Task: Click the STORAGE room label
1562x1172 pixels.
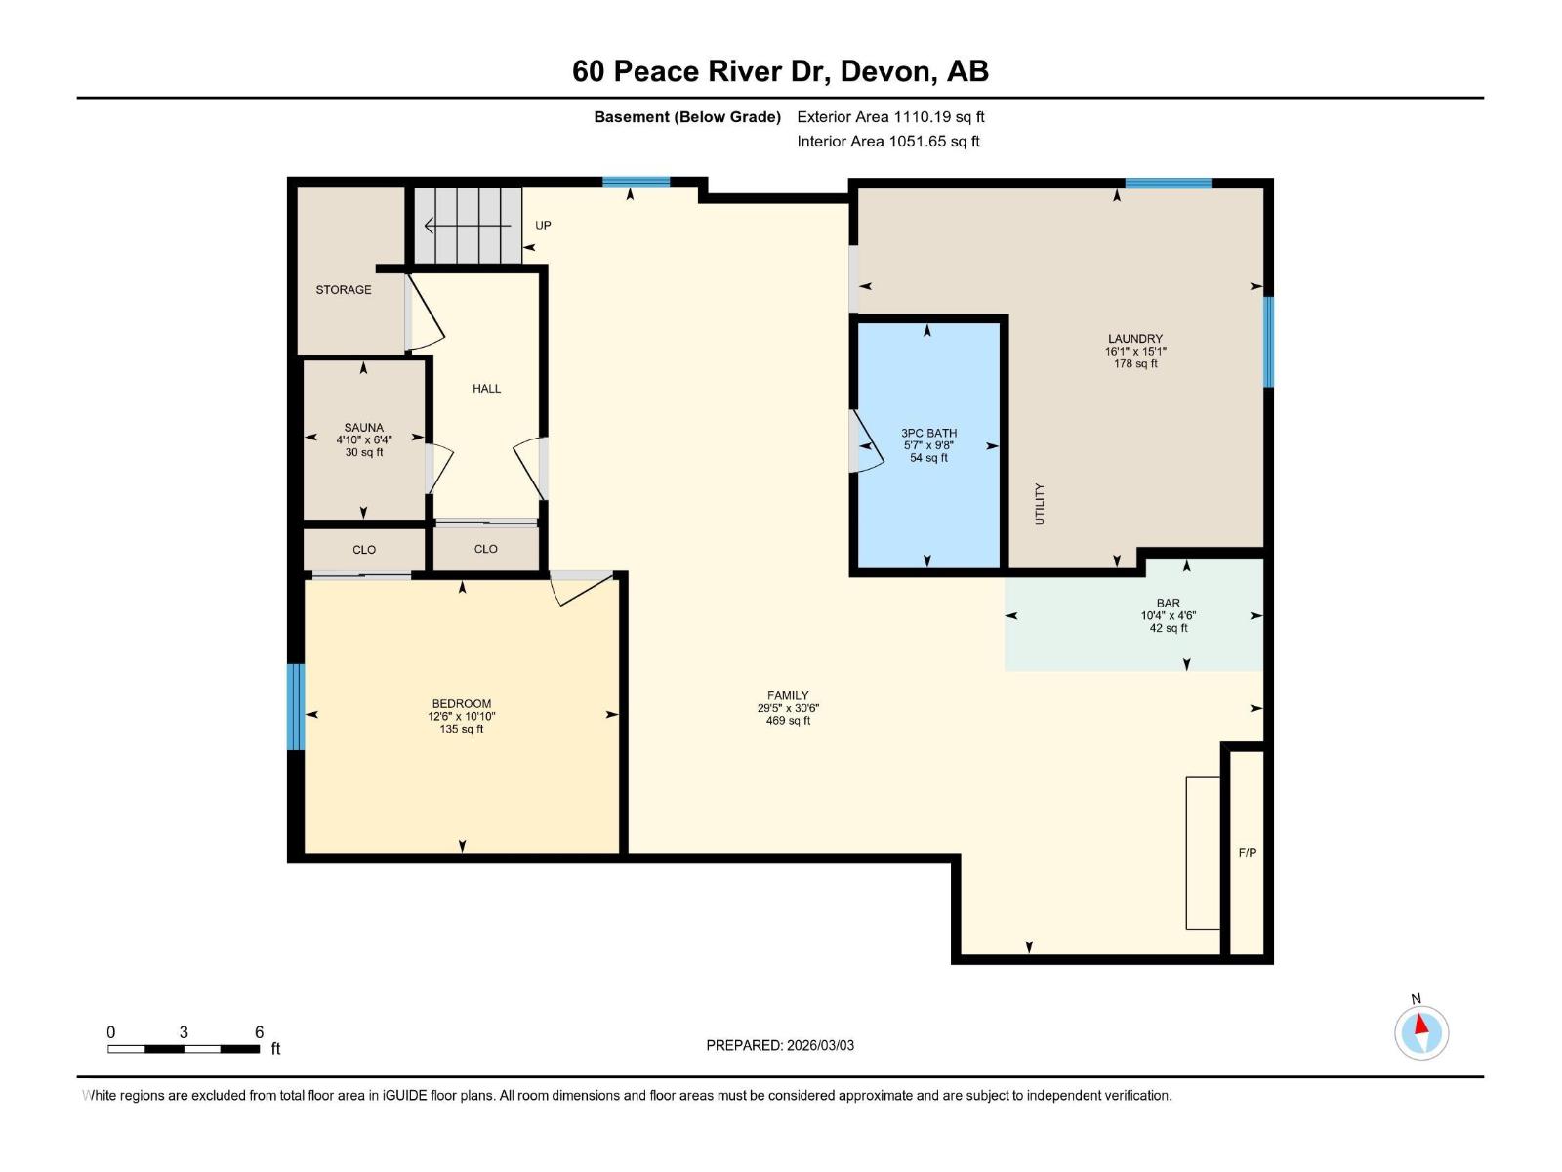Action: pyautogui.click(x=344, y=290)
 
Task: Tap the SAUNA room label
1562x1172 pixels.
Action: pyautogui.click(x=363, y=428)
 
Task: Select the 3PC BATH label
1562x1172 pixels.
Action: pyautogui.click(x=928, y=434)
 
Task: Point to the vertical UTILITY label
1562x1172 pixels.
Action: pyautogui.click(x=1040, y=504)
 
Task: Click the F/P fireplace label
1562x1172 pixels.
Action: pyautogui.click(x=1247, y=853)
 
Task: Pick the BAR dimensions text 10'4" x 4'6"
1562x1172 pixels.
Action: pyautogui.click(x=1168, y=616)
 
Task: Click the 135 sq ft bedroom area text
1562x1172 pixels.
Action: pyautogui.click(x=461, y=729)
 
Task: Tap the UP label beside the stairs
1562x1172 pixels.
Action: pyautogui.click(x=543, y=226)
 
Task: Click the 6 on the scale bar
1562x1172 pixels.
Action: pyautogui.click(x=259, y=1032)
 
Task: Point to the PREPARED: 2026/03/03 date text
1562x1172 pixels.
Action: pyautogui.click(x=780, y=1045)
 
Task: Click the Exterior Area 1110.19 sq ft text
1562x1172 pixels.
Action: pyautogui.click(x=890, y=117)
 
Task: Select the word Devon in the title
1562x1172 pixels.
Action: pyautogui.click(x=884, y=71)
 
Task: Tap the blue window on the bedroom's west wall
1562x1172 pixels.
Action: pyautogui.click(x=295, y=707)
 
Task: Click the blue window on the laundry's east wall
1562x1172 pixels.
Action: pyautogui.click(x=1268, y=342)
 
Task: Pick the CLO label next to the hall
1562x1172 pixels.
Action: pyautogui.click(x=485, y=549)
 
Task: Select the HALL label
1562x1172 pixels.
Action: pyautogui.click(x=486, y=389)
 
